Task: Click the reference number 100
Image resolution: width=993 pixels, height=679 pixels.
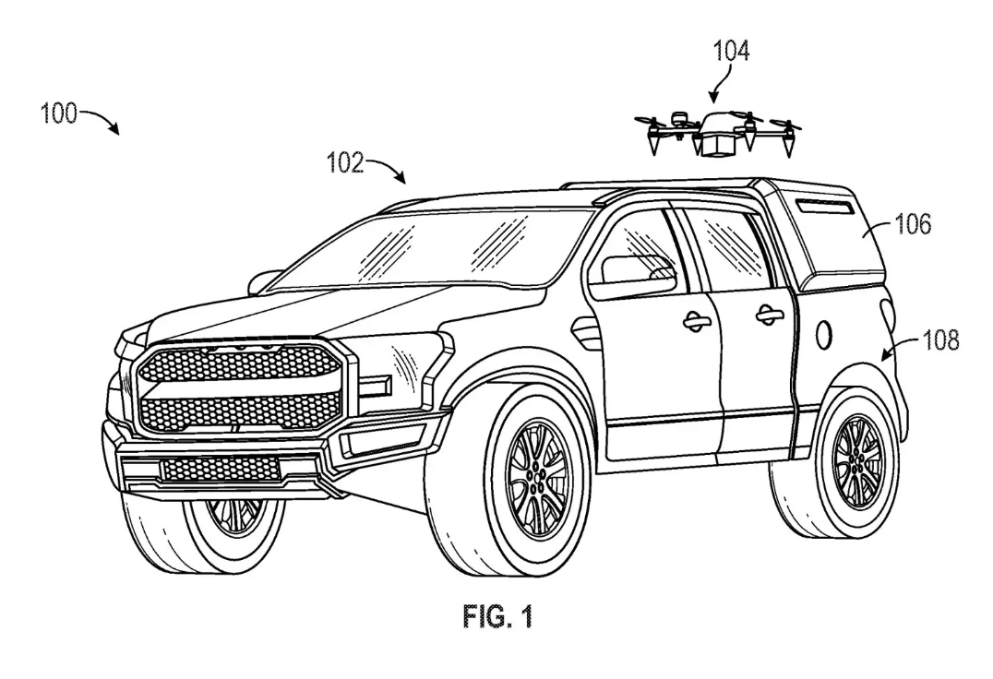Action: [59, 115]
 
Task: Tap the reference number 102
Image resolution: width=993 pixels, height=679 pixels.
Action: [343, 164]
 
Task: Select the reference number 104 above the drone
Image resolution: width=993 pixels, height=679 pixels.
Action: [729, 52]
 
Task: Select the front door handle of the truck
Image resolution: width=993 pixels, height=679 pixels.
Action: [696, 320]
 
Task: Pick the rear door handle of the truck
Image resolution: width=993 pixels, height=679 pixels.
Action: [769, 316]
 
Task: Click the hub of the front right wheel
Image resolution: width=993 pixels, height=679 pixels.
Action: [537, 479]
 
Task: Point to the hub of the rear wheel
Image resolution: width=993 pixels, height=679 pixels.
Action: [858, 456]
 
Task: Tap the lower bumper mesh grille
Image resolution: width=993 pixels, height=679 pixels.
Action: [221, 470]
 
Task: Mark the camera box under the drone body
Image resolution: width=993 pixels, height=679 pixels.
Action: [716, 144]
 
